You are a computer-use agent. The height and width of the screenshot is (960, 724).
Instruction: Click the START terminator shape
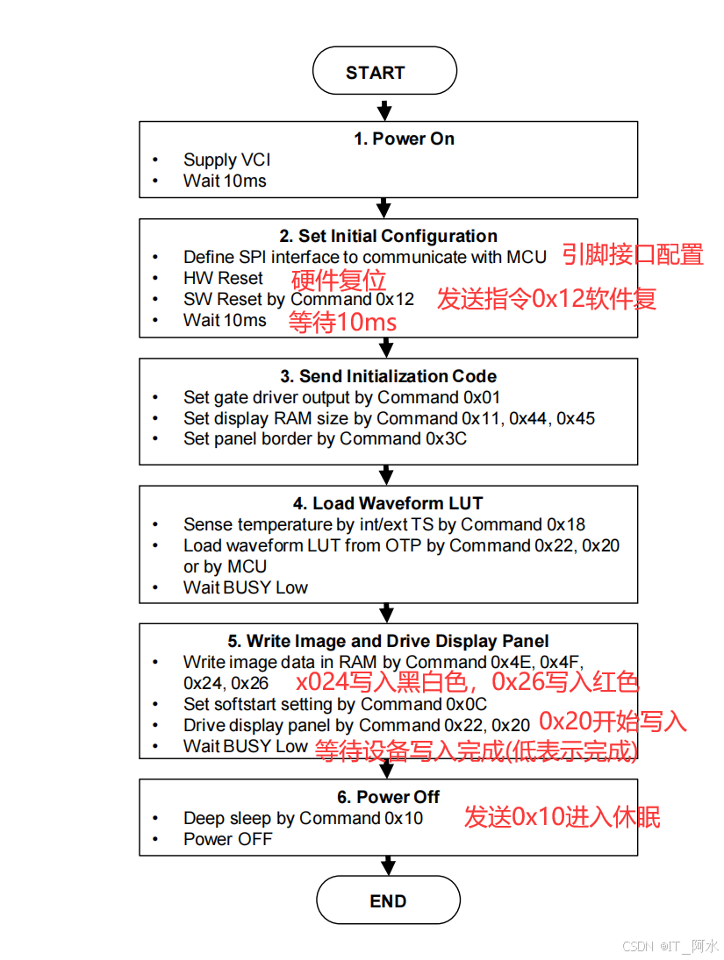(x=384, y=72)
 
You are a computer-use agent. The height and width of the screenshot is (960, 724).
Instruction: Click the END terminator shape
(x=387, y=901)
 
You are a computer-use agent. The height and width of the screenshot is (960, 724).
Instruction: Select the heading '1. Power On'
(x=404, y=139)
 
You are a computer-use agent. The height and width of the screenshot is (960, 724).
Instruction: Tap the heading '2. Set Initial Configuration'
(x=388, y=236)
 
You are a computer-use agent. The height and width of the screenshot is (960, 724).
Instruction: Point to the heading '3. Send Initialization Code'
(x=388, y=376)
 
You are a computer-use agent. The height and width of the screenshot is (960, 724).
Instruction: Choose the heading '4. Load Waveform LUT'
(x=388, y=503)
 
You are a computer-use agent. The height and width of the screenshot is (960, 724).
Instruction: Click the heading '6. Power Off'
(x=388, y=797)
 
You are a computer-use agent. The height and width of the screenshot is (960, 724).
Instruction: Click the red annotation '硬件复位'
(x=339, y=281)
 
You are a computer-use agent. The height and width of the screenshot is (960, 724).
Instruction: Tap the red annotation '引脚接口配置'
(x=633, y=255)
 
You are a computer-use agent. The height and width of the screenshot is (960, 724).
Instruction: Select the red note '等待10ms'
(x=343, y=323)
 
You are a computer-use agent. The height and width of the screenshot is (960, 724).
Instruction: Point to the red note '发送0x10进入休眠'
(x=562, y=817)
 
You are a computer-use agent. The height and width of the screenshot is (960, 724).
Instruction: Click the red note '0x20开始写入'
(x=613, y=722)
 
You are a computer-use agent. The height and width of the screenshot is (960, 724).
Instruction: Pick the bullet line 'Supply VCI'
(x=226, y=160)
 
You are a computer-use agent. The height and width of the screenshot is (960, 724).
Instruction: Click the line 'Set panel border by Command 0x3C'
(x=325, y=438)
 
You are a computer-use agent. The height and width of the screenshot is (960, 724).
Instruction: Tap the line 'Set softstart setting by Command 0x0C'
(x=334, y=704)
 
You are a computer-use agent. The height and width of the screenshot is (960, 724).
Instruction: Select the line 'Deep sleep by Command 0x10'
(x=303, y=818)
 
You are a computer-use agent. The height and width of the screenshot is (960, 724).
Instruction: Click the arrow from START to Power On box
(x=384, y=108)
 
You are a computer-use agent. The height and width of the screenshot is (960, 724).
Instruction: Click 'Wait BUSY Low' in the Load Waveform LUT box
(x=246, y=587)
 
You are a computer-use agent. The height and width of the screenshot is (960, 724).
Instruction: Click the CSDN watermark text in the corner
(x=670, y=946)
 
